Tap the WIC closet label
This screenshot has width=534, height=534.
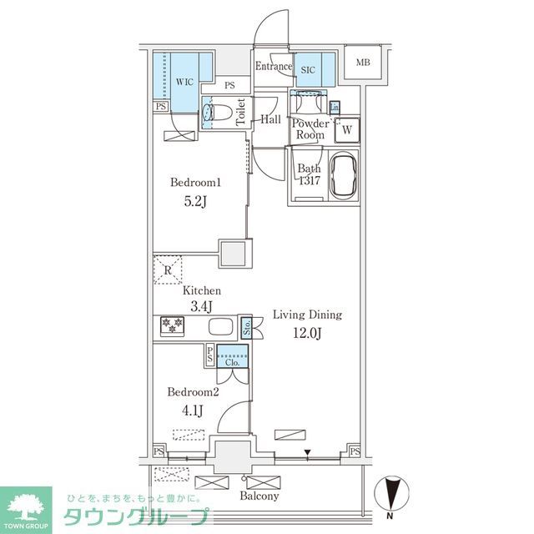tap(184, 82)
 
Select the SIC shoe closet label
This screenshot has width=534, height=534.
tap(307, 70)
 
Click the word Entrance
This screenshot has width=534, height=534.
tap(273, 67)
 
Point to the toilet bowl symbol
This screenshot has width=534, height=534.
tap(219, 113)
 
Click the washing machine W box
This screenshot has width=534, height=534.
tap(346, 129)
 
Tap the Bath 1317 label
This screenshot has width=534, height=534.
tap(309, 174)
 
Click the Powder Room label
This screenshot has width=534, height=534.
tap(309, 129)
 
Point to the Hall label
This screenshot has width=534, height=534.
tap(270, 119)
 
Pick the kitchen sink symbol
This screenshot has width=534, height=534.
tap(220, 326)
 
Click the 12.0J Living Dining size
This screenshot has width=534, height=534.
tap(307, 335)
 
